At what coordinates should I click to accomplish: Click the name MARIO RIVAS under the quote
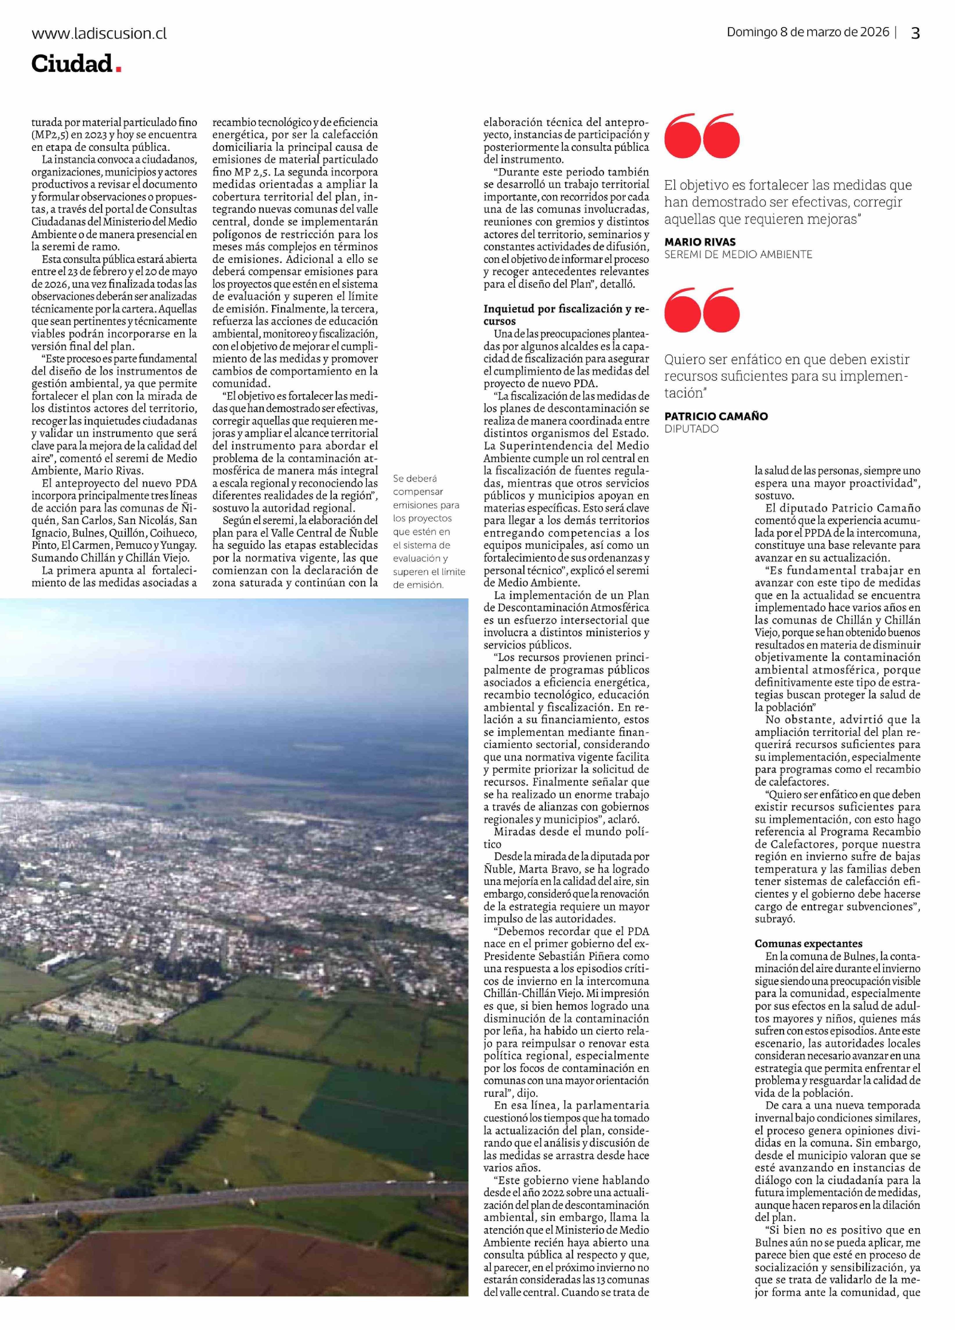click(x=699, y=242)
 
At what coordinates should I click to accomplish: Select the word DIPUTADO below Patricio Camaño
click(x=691, y=429)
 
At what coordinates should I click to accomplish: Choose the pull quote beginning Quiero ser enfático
click(x=786, y=376)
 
